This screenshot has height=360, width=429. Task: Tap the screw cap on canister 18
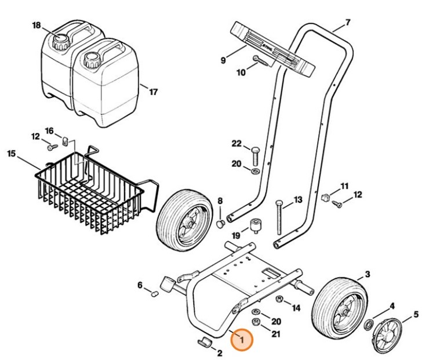click(60, 41)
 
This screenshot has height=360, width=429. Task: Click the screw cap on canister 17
click(91, 59)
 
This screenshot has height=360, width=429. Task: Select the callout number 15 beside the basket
click(11, 154)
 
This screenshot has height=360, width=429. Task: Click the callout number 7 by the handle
click(347, 23)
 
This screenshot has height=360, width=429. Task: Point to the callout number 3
click(368, 274)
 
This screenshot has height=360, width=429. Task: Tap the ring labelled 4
click(368, 323)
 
